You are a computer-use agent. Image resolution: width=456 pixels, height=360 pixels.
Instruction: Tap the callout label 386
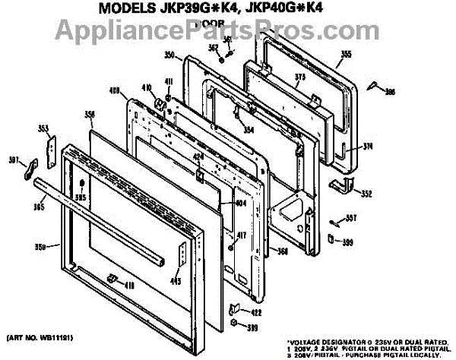(x=391, y=93)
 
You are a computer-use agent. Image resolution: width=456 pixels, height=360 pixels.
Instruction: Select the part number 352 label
(x=366, y=194)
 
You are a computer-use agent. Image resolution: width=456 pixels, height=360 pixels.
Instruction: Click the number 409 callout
(x=115, y=90)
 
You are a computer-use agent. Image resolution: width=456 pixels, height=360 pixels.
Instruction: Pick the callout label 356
(x=90, y=115)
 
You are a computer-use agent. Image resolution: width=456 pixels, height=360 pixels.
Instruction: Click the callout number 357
(x=350, y=218)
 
